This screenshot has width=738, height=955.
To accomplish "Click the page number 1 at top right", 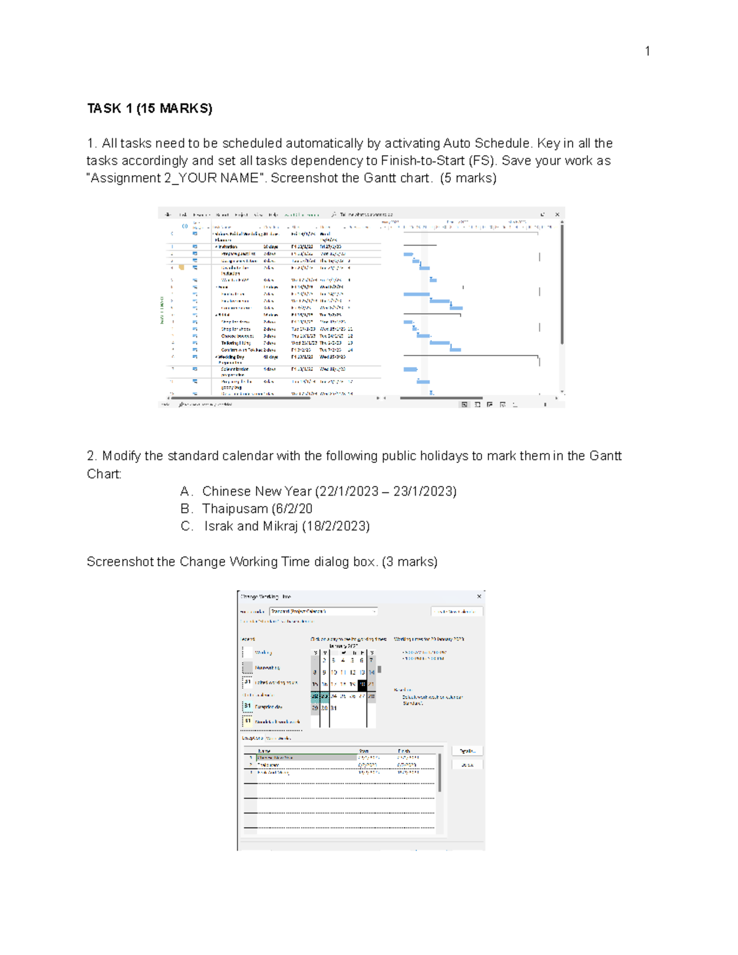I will [647, 51].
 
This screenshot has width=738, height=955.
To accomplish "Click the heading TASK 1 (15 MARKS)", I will [149, 109].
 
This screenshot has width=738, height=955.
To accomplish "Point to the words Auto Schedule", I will [486, 143].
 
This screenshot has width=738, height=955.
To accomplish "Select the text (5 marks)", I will [468, 178].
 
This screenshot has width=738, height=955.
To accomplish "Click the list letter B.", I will [186, 509].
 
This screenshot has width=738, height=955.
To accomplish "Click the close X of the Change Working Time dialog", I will [479, 596].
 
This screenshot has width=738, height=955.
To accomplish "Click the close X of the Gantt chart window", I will [557, 215].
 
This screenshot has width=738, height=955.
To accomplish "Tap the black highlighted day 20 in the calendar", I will [362, 684].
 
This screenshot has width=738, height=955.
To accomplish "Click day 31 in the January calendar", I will [334, 708].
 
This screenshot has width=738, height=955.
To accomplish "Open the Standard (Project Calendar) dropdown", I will [374, 611].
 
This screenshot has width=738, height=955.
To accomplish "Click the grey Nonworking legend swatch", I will [247, 667].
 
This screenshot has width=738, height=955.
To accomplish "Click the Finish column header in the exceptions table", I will [404, 751].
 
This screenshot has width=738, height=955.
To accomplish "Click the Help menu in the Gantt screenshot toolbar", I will [273, 215].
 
